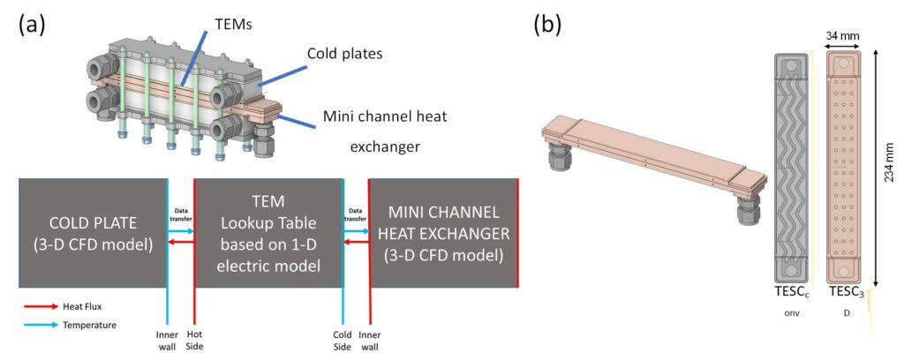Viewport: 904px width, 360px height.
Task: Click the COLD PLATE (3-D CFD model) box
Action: (91, 233)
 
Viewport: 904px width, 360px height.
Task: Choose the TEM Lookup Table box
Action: (267, 233)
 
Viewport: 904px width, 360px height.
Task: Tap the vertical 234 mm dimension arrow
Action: (874, 168)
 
